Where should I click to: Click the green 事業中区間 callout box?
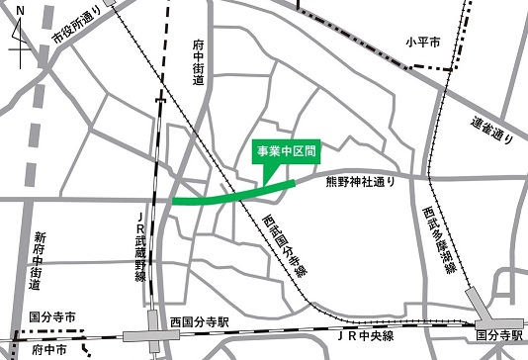(286, 152)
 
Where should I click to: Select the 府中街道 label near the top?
(198, 61)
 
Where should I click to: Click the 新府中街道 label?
(37, 261)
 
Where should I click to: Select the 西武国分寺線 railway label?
(283, 251)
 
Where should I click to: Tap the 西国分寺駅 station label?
(199, 322)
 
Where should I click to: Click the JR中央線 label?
(367, 337)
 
